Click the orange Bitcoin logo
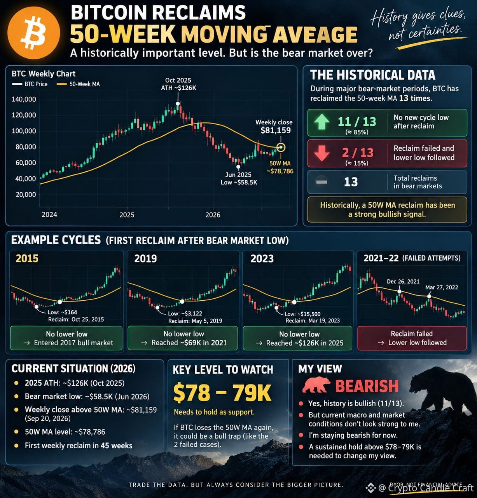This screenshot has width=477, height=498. pyautogui.click(x=34, y=33)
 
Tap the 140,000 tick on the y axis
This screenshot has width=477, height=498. pyautogui.click(x=24, y=99)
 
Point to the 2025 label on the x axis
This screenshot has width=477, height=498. pyautogui.click(x=127, y=215)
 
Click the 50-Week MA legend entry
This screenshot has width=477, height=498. pyautogui.click(x=78, y=84)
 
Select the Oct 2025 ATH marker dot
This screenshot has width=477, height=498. pyautogui.click(x=178, y=104)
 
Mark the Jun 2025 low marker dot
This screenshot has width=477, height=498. pyautogui.click(x=238, y=167)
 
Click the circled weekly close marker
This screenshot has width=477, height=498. pyautogui.click(x=281, y=147)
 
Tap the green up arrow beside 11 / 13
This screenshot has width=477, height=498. pyautogui.click(x=321, y=122)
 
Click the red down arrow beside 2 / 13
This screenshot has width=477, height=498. pyautogui.click(x=321, y=153)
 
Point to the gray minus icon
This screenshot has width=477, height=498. pyautogui.click(x=321, y=182)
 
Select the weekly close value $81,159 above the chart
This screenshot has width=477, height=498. pyautogui.click(x=276, y=131)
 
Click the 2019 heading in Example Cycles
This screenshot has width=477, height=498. pyautogui.click(x=145, y=259)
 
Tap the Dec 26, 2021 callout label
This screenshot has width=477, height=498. pyautogui.click(x=403, y=282)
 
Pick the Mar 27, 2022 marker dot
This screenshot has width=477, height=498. pyautogui.click(x=429, y=296)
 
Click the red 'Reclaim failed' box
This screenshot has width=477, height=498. pyautogui.click(x=412, y=338)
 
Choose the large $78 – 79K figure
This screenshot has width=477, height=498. pyautogui.click(x=222, y=393)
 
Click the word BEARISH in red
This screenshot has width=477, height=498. pyautogui.click(x=367, y=386)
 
